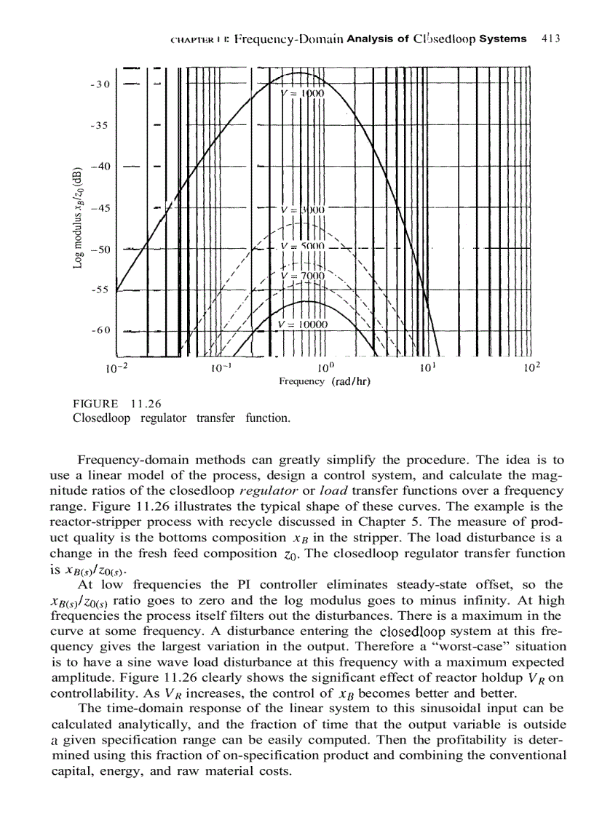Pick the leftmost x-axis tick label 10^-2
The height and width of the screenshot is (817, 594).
116,367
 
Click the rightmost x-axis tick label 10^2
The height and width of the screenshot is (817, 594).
532,367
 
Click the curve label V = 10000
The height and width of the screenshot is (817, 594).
304,324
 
